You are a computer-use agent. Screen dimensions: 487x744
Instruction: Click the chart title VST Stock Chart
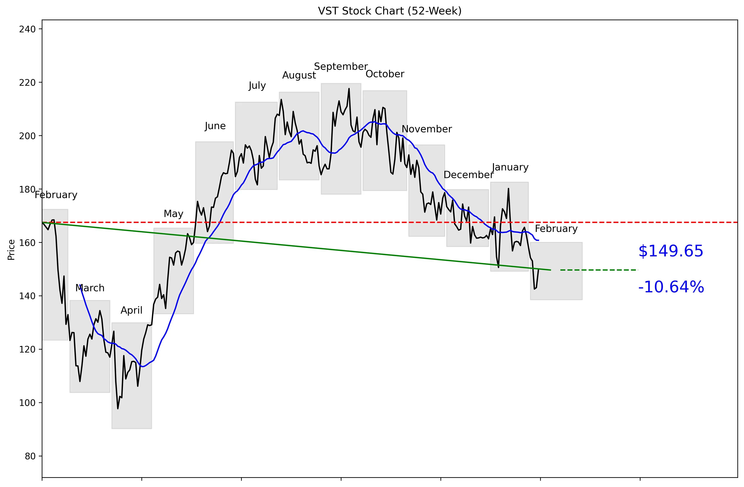click(390, 11)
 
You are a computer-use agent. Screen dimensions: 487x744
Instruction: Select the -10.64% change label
click(671, 287)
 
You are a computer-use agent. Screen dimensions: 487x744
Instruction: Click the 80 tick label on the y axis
click(30, 456)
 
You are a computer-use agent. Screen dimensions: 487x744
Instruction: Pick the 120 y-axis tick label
click(27, 349)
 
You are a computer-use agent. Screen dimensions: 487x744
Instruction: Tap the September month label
click(341, 67)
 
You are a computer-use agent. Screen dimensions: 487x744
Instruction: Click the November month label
click(426, 129)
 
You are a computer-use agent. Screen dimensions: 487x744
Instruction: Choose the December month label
click(468, 175)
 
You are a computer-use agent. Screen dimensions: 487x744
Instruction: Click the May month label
click(174, 214)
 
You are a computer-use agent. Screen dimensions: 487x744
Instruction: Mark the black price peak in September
click(349, 89)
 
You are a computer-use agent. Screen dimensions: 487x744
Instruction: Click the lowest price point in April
click(118, 408)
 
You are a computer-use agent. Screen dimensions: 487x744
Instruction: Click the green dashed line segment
click(599, 270)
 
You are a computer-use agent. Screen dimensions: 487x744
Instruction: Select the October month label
click(385, 74)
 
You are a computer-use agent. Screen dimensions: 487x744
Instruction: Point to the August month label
click(299, 75)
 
